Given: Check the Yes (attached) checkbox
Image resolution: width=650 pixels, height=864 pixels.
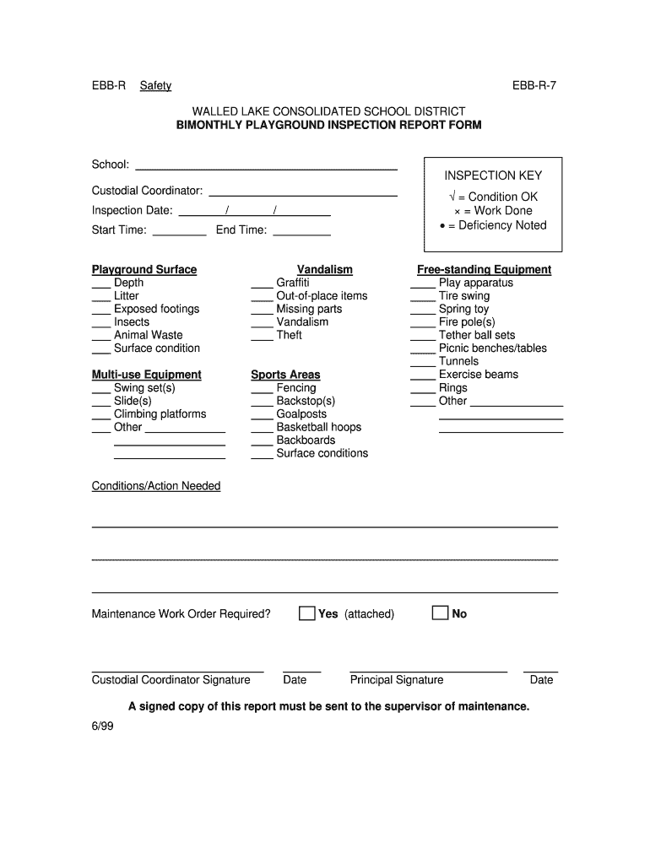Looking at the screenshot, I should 306,613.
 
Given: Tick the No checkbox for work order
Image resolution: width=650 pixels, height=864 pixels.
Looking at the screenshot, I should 439,613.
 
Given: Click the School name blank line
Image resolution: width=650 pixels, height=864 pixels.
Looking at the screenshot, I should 266,165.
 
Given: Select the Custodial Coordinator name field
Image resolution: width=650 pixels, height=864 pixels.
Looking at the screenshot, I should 302,192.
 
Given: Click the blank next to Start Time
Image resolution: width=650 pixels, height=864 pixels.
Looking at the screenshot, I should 180,230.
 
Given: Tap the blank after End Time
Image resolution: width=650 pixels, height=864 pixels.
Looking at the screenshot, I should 301,230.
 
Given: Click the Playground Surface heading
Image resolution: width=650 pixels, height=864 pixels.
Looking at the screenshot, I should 144,270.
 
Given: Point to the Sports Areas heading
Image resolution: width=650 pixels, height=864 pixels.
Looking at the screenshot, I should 285,375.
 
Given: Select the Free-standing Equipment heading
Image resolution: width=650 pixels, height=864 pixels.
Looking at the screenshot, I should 484,270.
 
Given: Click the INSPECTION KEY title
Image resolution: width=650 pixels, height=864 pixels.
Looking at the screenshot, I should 493,175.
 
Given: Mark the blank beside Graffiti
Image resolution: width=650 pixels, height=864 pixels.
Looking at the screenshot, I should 262,283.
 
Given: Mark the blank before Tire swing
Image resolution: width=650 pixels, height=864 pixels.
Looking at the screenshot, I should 423,297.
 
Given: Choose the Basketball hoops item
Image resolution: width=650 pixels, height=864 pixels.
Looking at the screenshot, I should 318,427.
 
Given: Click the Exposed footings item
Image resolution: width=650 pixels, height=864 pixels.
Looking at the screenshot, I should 156,309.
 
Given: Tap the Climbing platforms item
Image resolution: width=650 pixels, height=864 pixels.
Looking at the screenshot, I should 160,414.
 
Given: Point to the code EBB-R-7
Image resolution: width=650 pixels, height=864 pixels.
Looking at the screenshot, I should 534,85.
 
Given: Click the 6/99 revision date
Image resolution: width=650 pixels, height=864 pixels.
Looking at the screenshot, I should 102,726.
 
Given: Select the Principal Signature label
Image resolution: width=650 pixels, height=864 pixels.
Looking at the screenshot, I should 396,680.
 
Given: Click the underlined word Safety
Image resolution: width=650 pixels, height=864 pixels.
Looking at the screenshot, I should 155,85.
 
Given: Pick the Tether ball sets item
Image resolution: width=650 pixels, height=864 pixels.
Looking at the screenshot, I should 476,335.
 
